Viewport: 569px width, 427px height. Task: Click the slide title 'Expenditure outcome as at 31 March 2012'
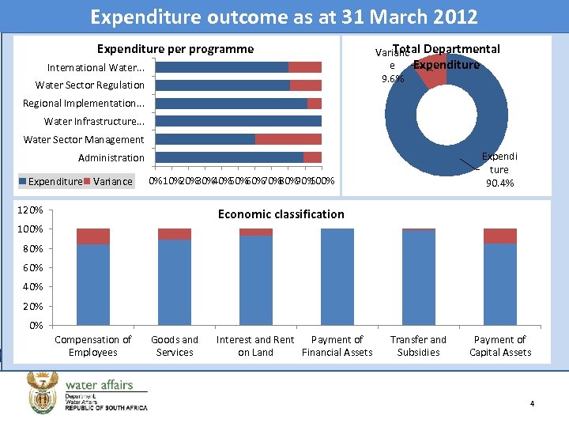pos(284,17)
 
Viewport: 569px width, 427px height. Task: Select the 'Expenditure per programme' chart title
pos(175,49)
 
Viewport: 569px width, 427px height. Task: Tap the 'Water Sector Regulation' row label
pos(89,85)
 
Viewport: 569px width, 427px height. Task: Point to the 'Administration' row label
pos(111,158)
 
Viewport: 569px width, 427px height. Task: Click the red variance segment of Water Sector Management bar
pos(288,139)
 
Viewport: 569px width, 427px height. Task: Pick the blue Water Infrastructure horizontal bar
pos(238,121)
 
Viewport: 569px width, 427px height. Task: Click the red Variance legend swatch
pos(88,182)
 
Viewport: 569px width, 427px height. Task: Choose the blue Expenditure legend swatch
pos(24,182)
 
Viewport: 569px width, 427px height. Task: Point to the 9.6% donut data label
pos(392,79)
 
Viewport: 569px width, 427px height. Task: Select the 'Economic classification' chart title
pos(281,214)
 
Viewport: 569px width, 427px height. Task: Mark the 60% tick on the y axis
pos(32,268)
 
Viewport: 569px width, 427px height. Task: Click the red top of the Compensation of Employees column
pos(93,236)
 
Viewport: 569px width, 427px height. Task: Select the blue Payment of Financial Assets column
pos(337,277)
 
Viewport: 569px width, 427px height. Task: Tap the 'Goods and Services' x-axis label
pos(175,346)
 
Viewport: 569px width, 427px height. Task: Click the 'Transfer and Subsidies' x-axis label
pos(418,346)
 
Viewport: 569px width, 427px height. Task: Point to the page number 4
pos(532,404)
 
